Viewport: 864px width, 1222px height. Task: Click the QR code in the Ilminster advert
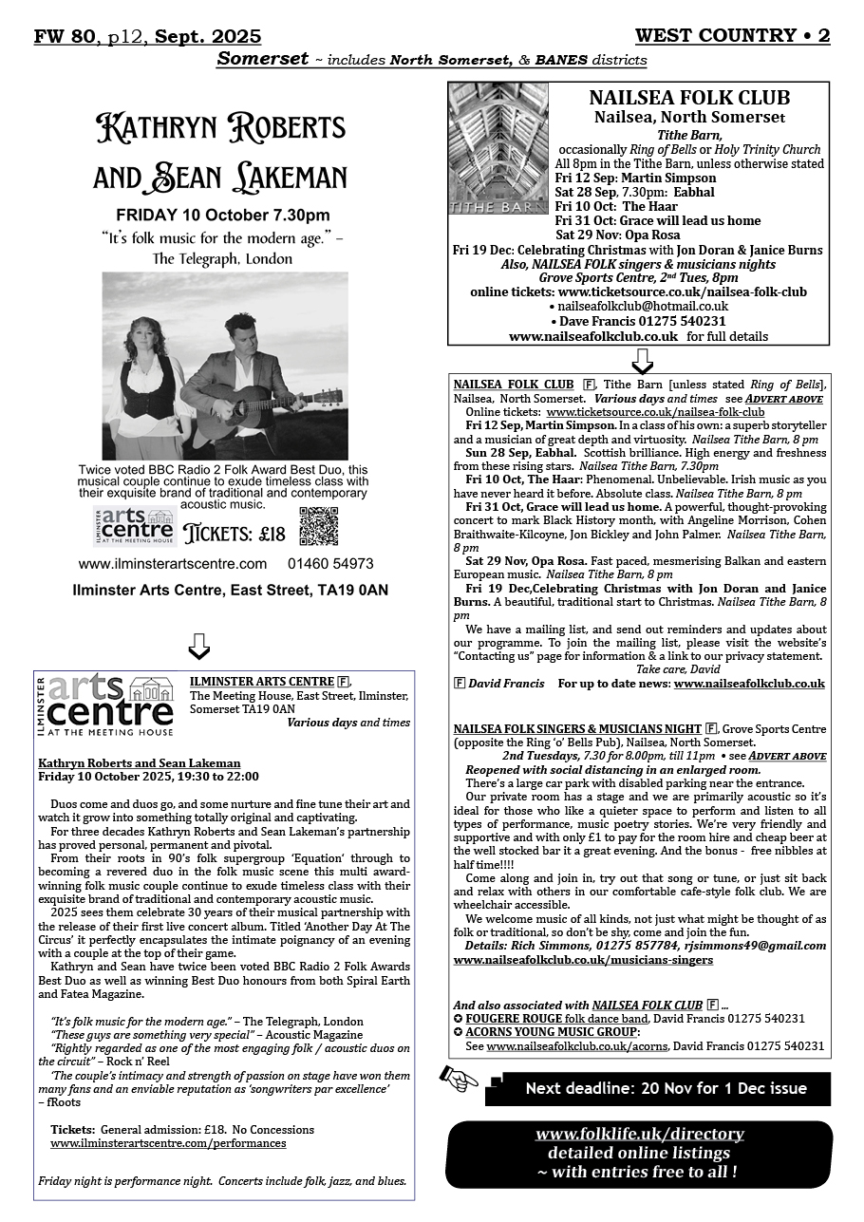318,527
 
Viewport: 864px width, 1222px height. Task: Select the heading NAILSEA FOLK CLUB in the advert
688,98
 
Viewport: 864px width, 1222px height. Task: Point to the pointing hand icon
460,1078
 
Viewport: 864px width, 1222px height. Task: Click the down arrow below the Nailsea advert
641,360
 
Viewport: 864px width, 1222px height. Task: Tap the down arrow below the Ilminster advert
197,646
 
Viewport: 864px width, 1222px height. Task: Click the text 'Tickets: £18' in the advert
234,533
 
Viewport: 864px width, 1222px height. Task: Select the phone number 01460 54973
331,564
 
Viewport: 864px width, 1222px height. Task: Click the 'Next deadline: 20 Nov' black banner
666,1088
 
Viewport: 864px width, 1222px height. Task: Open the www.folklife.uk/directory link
639,1134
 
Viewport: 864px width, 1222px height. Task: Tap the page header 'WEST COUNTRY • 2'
732,36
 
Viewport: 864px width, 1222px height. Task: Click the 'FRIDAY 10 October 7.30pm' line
223,215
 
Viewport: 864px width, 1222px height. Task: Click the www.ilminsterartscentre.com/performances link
168,1143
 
